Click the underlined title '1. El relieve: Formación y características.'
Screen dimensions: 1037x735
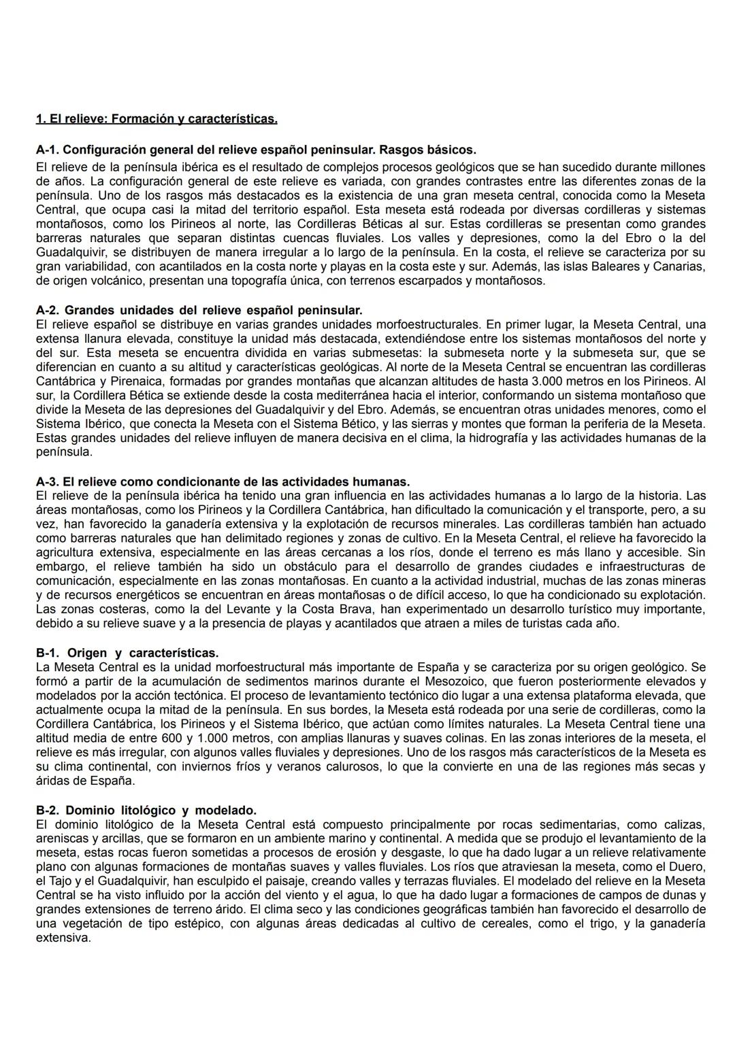click(x=157, y=120)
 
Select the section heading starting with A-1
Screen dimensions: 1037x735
click(x=256, y=149)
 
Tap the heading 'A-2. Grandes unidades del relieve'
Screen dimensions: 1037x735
click(x=199, y=310)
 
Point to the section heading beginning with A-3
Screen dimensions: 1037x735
click(x=223, y=482)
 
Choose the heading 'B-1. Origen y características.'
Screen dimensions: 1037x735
click(x=127, y=653)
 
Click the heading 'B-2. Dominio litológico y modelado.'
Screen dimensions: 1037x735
click(x=146, y=811)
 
